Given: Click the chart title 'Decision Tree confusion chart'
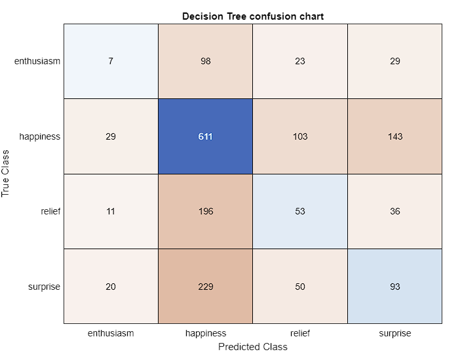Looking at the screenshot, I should click(x=253, y=16).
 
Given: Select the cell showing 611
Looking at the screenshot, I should click(x=205, y=136).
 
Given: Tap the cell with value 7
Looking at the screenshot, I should click(x=111, y=61).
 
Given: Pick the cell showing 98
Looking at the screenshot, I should click(x=205, y=61).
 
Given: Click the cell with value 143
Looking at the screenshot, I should click(x=394, y=136).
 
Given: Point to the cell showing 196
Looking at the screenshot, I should click(x=205, y=211).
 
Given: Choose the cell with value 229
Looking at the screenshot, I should click(x=205, y=287).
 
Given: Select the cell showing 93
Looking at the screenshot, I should click(x=394, y=287).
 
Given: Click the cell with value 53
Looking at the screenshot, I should click(x=300, y=211).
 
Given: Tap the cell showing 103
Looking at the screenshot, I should click(x=300, y=136).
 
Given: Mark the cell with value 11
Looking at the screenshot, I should click(x=111, y=211).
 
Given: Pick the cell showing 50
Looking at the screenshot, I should click(x=300, y=287).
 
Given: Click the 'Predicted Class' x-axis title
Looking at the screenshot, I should click(x=253, y=347).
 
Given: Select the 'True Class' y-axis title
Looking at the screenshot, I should click(x=7, y=174).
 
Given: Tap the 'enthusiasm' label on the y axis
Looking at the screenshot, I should click(x=37, y=61).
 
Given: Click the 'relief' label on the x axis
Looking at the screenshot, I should click(x=300, y=333).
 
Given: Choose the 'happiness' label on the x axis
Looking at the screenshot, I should click(x=205, y=333).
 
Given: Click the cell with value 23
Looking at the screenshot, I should click(x=300, y=61).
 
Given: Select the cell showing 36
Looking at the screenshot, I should click(x=394, y=211).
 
